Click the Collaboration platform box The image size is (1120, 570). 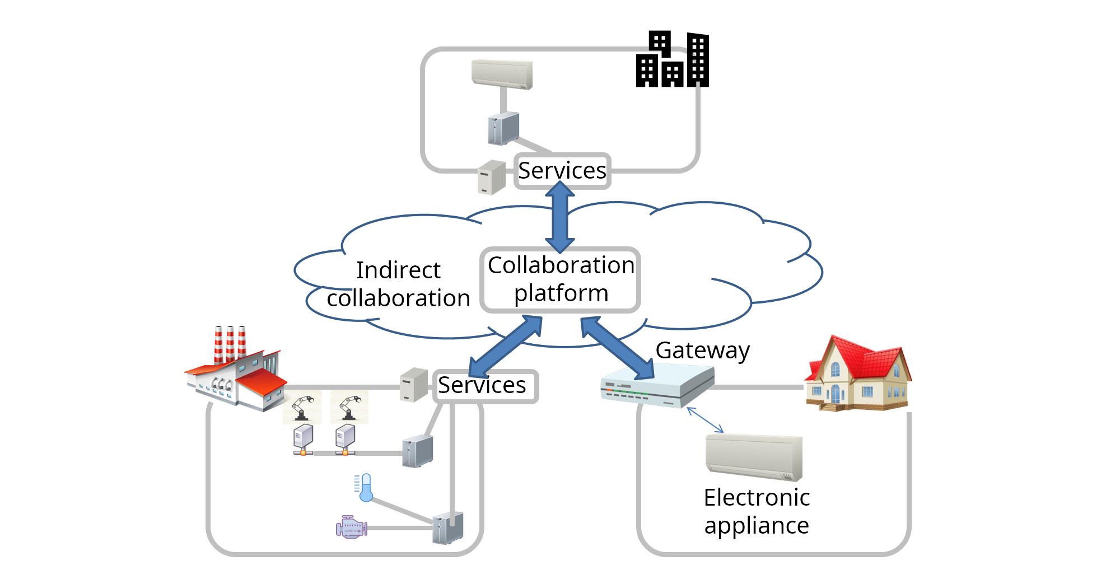560,279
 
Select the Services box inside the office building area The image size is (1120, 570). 562,171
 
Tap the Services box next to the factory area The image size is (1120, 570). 485,386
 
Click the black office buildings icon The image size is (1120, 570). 673,60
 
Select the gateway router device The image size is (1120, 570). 657,385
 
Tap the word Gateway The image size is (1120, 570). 702,351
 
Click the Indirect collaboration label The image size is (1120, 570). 398,284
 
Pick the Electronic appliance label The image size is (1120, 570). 757,511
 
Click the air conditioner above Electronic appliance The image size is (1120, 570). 754,457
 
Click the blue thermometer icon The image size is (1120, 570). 365,488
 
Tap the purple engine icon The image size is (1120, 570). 351,527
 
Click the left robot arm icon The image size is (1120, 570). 302,407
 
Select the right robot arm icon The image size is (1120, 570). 349,407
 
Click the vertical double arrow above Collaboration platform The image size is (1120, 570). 560,217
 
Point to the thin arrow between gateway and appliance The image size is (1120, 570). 705,420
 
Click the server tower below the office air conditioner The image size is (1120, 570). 503,128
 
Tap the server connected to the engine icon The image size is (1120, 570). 448,527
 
